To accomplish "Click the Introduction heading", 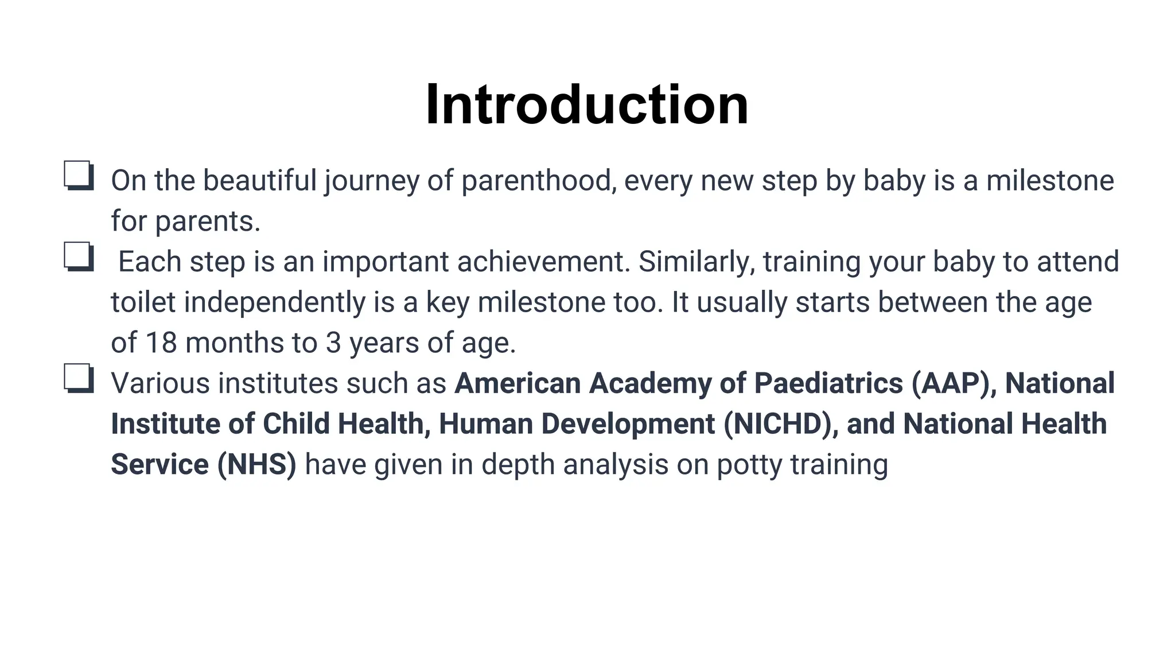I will point(587,104).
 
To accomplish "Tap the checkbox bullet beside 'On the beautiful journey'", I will point(79,176).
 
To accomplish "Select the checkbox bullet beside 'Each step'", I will point(79,256).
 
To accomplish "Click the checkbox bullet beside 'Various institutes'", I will point(79,379).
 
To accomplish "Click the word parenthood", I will point(538,181).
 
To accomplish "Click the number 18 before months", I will point(161,343).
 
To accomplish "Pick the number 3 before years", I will point(333,343).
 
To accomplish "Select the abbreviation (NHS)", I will point(256,465).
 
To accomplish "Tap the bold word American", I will point(518,384).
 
